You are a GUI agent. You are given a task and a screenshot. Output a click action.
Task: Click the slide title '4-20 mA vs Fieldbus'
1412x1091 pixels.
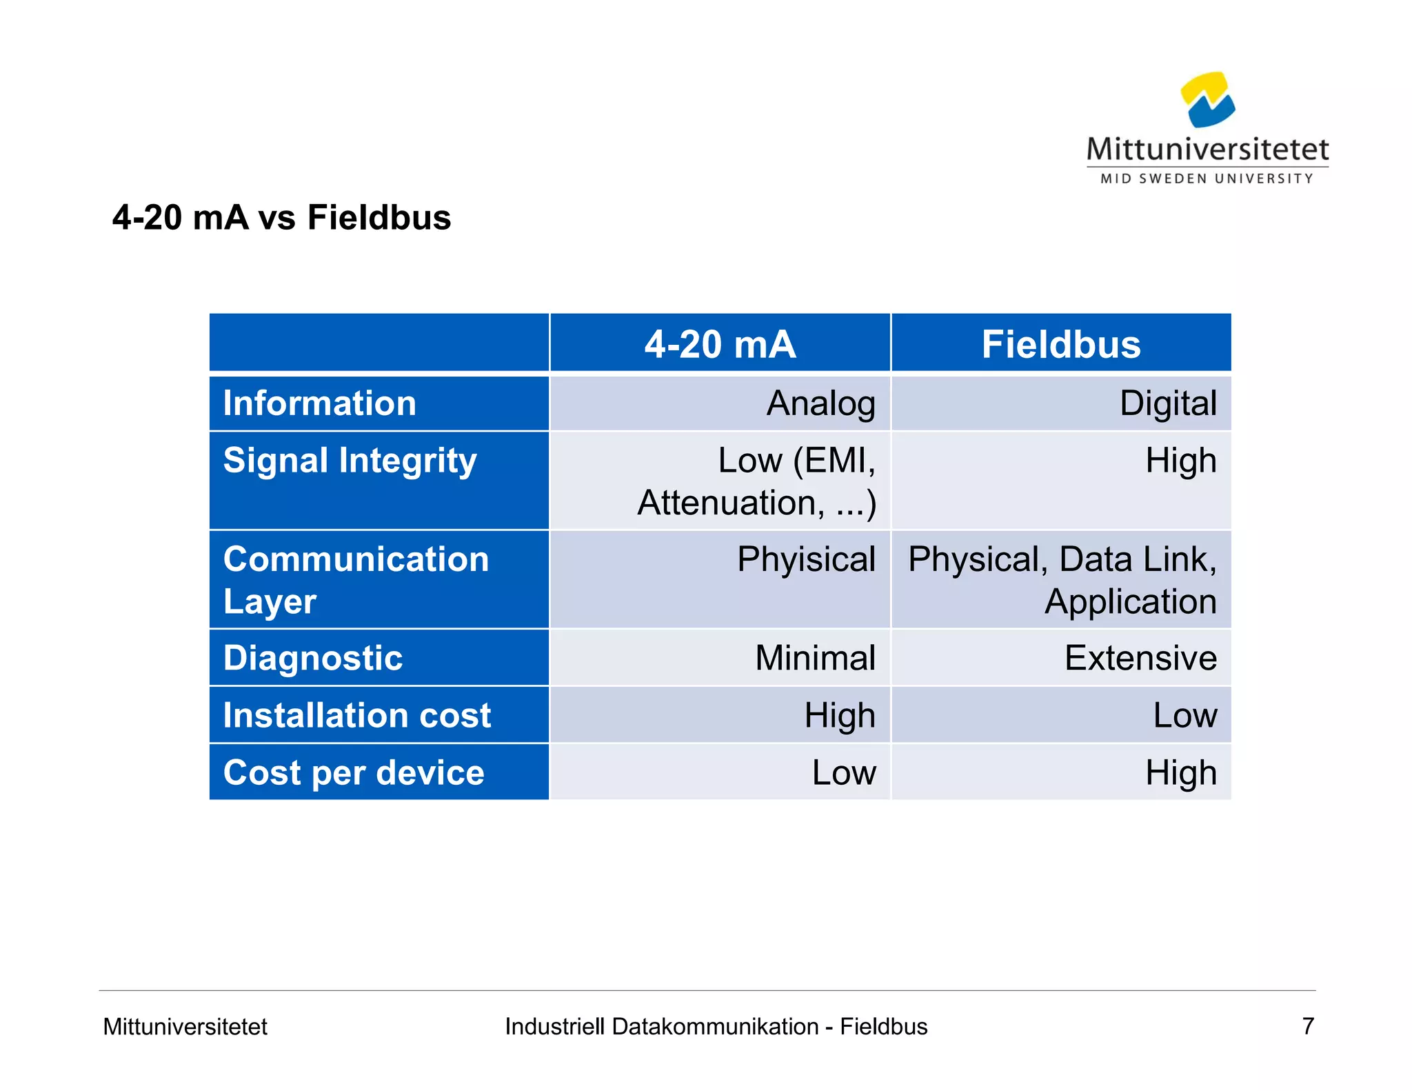pos(281,217)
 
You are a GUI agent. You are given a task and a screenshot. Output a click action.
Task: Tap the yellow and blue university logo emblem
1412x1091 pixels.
pos(1207,100)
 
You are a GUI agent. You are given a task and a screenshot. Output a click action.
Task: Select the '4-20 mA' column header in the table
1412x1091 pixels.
pos(720,344)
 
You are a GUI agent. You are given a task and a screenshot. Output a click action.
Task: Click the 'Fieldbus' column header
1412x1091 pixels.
pos(1061,344)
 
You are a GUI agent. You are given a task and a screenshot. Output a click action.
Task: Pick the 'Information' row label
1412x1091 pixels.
pos(320,403)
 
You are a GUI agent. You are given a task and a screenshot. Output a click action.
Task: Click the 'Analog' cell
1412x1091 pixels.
pos(820,403)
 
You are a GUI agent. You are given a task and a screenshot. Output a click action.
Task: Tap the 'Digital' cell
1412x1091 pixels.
pos(1168,403)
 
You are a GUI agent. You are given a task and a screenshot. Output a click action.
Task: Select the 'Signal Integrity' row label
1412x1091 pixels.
pos(350,461)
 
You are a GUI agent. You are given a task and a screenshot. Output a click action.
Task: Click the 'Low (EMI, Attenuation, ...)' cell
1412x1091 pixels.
pos(757,481)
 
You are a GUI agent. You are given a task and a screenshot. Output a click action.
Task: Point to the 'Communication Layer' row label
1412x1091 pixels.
pos(356,579)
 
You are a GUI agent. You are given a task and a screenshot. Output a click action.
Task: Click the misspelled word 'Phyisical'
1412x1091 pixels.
pos(806,559)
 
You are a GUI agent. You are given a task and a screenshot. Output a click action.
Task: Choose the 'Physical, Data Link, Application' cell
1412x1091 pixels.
pos(1062,579)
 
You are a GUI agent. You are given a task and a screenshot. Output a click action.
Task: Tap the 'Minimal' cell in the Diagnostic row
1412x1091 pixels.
pos(815,658)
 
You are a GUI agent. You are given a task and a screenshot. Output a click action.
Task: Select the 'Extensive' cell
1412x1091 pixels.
pos(1140,658)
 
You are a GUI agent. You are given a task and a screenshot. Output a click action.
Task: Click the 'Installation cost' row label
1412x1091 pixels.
pos(356,715)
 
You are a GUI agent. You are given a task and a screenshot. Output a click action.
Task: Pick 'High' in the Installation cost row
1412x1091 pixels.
pos(840,715)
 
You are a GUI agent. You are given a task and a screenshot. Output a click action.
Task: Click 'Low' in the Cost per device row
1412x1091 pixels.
pos(844,772)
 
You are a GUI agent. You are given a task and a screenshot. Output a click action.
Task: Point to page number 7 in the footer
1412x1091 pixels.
pos(1308,1026)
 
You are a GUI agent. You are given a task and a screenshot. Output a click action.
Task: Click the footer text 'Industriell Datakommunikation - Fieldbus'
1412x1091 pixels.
pos(716,1026)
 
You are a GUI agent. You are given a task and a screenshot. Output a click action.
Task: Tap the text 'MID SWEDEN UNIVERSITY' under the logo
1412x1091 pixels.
pos(1207,179)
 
